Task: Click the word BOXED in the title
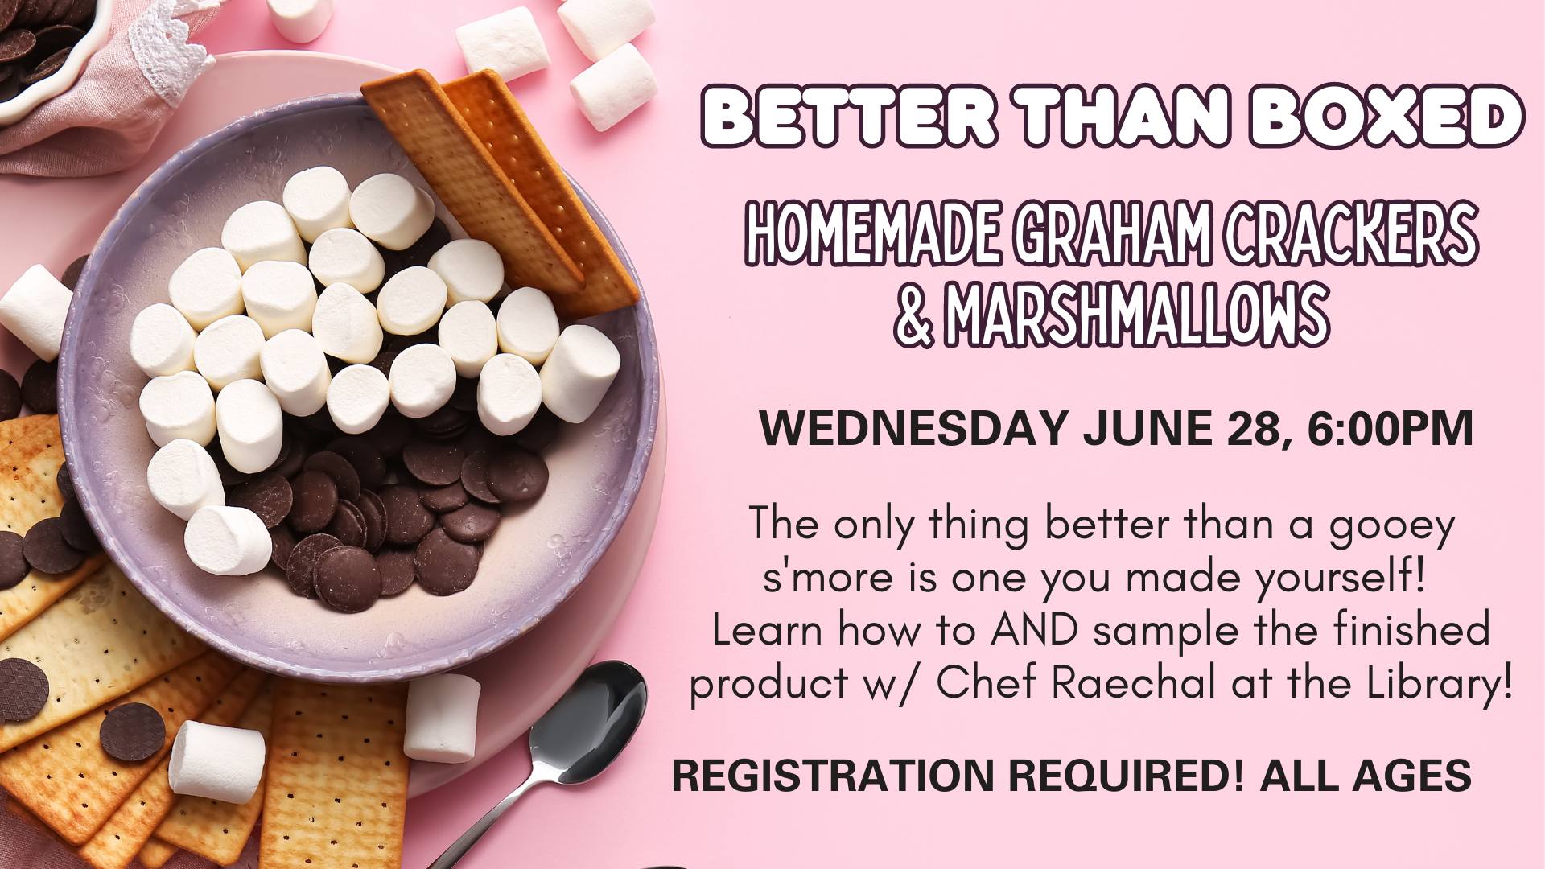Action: coord(1386,117)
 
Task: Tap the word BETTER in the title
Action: coord(850,117)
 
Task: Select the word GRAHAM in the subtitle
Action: coord(1113,233)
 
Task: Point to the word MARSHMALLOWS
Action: coord(1136,314)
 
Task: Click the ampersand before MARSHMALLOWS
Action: coord(913,315)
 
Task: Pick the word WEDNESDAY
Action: coord(914,428)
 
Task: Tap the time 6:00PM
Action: coord(1390,428)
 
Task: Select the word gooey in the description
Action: coord(1392,528)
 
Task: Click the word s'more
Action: coord(828,577)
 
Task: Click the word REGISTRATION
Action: coord(833,776)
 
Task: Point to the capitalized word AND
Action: coord(1035,630)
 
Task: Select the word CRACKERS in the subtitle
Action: coord(1352,233)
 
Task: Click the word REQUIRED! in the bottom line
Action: coord(1126,776)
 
